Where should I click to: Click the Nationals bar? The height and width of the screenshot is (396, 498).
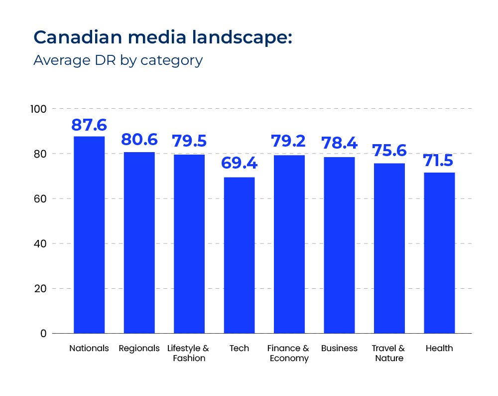tap(89, 234)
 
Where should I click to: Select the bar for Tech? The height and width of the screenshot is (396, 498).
tap(239, 255)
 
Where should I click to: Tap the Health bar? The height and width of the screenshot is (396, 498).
tap(439, 252)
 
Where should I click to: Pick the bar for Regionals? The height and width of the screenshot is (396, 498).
tap(139, 242)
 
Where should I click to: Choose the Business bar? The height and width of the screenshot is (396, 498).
tap(339, 245)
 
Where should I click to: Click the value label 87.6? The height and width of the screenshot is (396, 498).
tap(89, 125)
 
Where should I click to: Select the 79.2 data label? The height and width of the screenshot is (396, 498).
tap(289, 141)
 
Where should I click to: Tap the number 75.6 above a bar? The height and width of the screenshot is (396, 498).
tap(389, 151)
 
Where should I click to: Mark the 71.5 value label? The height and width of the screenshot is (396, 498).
tap(439, 161)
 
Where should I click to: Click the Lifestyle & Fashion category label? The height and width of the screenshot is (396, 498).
tap(188, 353)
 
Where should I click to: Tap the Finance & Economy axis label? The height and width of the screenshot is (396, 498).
tap(288, 353)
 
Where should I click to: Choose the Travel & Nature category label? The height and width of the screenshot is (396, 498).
tap(388, 353)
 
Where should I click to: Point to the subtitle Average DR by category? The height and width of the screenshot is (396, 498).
tap(118, 60)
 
